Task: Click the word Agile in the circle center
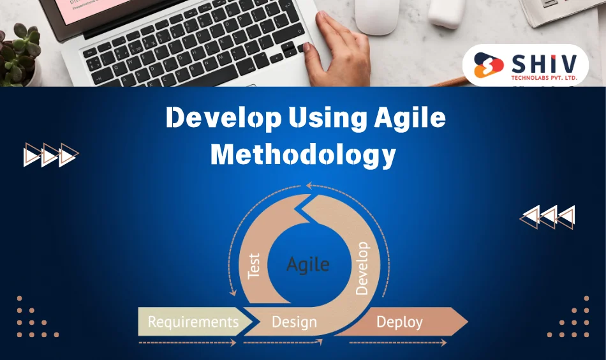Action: point(308,264)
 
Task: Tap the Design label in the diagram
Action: point(294,322)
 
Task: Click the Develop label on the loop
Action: point(362,268)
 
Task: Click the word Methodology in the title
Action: point(303,155)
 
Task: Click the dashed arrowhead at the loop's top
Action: point(309,186)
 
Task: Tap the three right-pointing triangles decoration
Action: point(50,155)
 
